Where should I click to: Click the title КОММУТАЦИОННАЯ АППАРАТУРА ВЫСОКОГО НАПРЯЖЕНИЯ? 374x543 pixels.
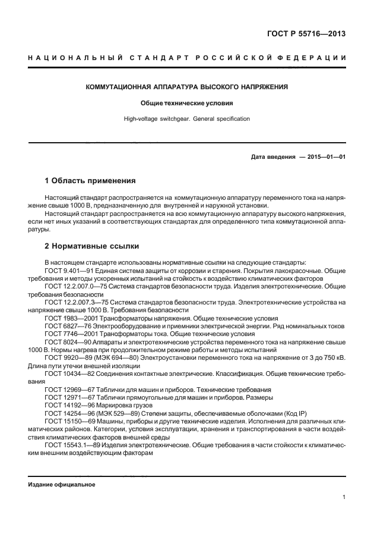pos(187,87)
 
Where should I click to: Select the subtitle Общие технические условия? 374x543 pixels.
pos(187,103)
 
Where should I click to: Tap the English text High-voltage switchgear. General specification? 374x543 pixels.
pos(187,119)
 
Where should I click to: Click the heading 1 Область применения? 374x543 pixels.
pos(90,180)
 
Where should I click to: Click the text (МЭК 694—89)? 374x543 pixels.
pos(121,359)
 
